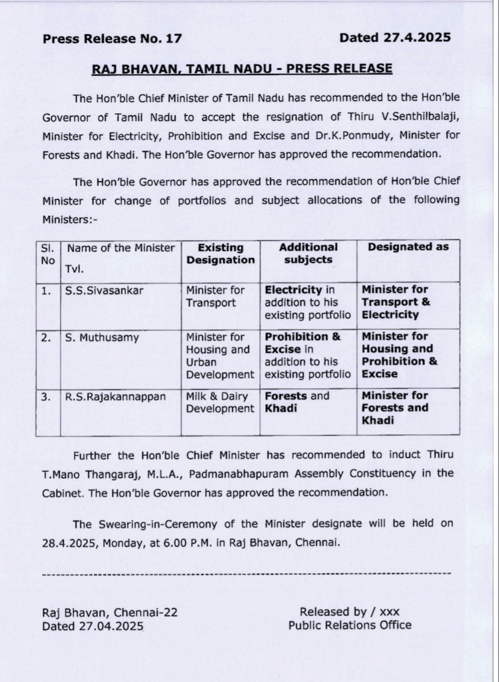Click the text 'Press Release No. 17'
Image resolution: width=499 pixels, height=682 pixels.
[x=112, y=39]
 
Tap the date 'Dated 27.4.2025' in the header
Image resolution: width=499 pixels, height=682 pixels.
[x=395, y=37]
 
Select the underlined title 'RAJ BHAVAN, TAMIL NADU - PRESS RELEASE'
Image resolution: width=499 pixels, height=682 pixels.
[x=242, y=69]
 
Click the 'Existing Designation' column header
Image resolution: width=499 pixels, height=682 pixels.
[x=221, y=254]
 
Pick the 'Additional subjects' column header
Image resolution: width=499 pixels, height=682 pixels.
[x=308, y=253]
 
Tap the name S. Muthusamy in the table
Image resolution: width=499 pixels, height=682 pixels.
[x=102, y=337]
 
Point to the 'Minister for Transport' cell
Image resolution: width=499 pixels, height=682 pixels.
[x=215, y=296]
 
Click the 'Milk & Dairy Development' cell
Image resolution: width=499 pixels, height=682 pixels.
[x=220, y=402]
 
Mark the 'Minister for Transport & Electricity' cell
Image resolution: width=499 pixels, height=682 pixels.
[x=396, y=302]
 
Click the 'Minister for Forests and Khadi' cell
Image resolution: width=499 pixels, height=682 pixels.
[x=395, y=408]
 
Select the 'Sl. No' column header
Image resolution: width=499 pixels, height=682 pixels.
[x=47, y=254]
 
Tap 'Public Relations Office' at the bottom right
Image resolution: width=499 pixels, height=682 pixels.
[x=350, y=625]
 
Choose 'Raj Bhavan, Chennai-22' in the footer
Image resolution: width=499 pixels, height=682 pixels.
[x=110, y=613]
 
